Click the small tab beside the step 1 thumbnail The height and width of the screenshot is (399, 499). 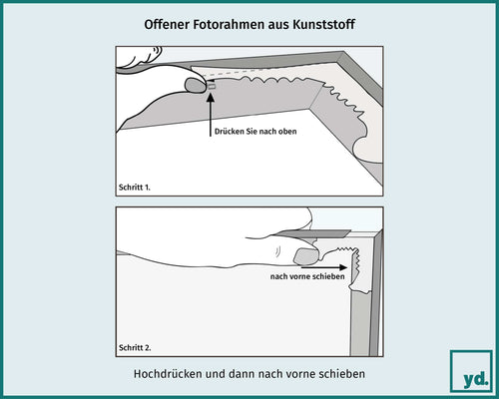point(211,87)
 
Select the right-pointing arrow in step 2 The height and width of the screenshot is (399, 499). point(335,266)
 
